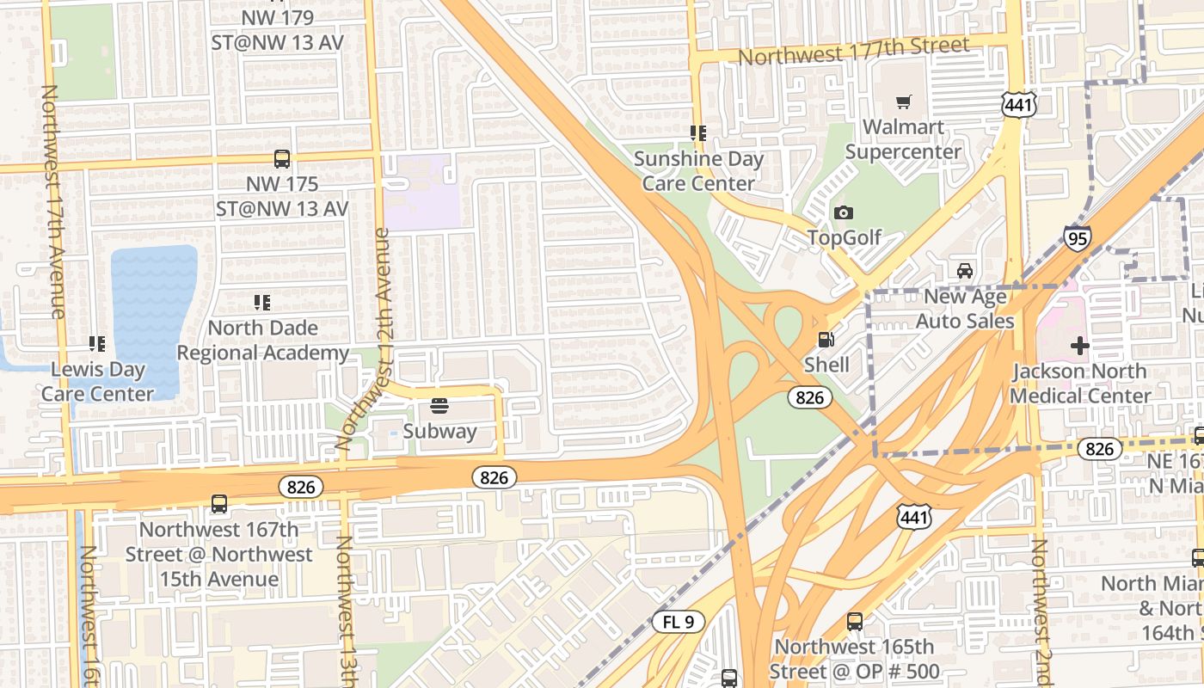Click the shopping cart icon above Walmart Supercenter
coord(903,102)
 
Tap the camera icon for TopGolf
coord(844,212)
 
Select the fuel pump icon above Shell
coord(826,340)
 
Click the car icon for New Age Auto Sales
coord(965,271)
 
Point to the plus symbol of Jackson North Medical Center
coord(1080,346)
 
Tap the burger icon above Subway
coord(439,405)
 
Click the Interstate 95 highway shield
coord(1077,237)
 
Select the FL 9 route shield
coord(679,622)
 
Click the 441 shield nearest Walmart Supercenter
coord(1018,105)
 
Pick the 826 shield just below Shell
coord(809,396)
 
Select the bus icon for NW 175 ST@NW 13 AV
coord(282,159)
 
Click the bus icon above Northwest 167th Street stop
coord(219,504)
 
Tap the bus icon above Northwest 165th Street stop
coord(854,622)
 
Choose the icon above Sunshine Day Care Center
coord(697,133)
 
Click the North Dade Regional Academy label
coord(263,340)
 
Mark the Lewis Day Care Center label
coord(97,382)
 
